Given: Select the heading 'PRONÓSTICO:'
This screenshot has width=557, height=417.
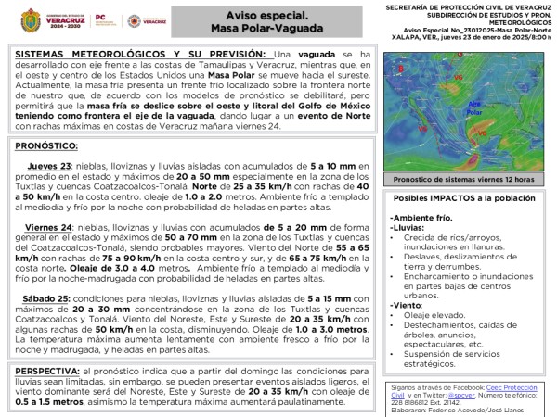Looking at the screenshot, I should (x=46, y=146).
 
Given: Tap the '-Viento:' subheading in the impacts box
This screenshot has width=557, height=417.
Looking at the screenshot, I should (x=407, y=304).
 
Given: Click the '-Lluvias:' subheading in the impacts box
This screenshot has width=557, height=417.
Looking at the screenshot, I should (x=408, y=226).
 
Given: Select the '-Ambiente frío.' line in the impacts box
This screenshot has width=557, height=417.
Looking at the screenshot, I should (x=419, y=217).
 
